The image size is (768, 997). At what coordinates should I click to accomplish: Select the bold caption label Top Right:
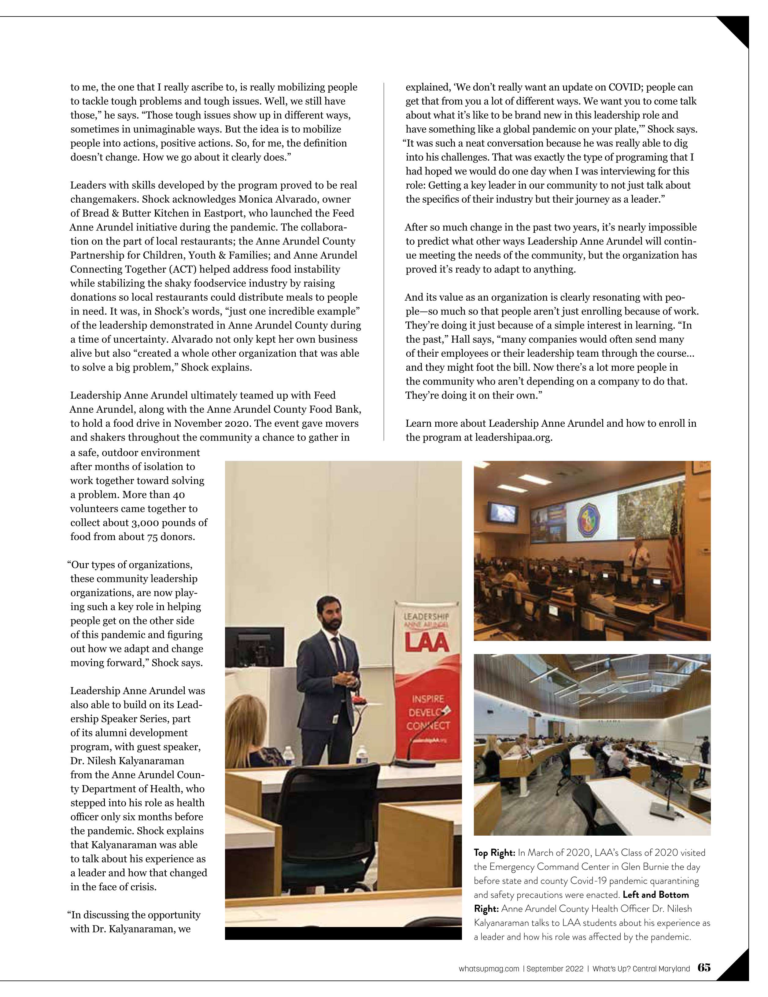(x=494, y=853)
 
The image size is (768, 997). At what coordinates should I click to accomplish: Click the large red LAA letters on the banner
(x=426, y=643)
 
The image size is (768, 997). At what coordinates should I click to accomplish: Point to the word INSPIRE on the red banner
(x=428, y=699)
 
